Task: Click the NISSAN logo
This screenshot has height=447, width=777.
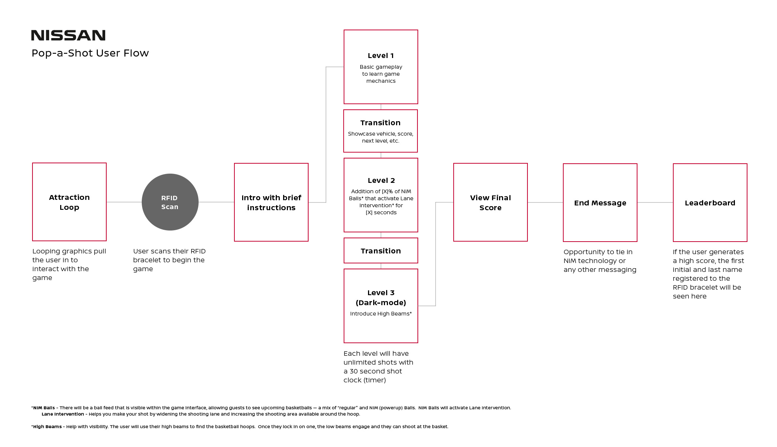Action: tap(68, 35)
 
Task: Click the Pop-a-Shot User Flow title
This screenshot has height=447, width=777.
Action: tap(90, 53)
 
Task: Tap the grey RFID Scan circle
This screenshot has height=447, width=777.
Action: tap(170, 202)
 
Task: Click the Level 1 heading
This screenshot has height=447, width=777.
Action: tap(381, 56)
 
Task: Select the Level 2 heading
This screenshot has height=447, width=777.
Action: tap(381, 181)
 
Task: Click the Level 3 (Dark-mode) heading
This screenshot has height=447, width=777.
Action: tap(381, 298)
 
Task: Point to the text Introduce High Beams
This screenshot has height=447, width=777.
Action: tap(381, 314)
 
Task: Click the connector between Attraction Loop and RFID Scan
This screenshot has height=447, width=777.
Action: tap(124, 202)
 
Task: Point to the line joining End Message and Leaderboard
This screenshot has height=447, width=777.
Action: tap(655, 202)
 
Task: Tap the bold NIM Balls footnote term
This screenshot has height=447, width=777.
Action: tap(44, 408)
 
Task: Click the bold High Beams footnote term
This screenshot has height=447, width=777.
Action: tap(47, 427)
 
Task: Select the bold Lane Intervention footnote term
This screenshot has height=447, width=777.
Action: tap(63, 414)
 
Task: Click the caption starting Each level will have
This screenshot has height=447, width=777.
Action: tap(378, 367)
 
